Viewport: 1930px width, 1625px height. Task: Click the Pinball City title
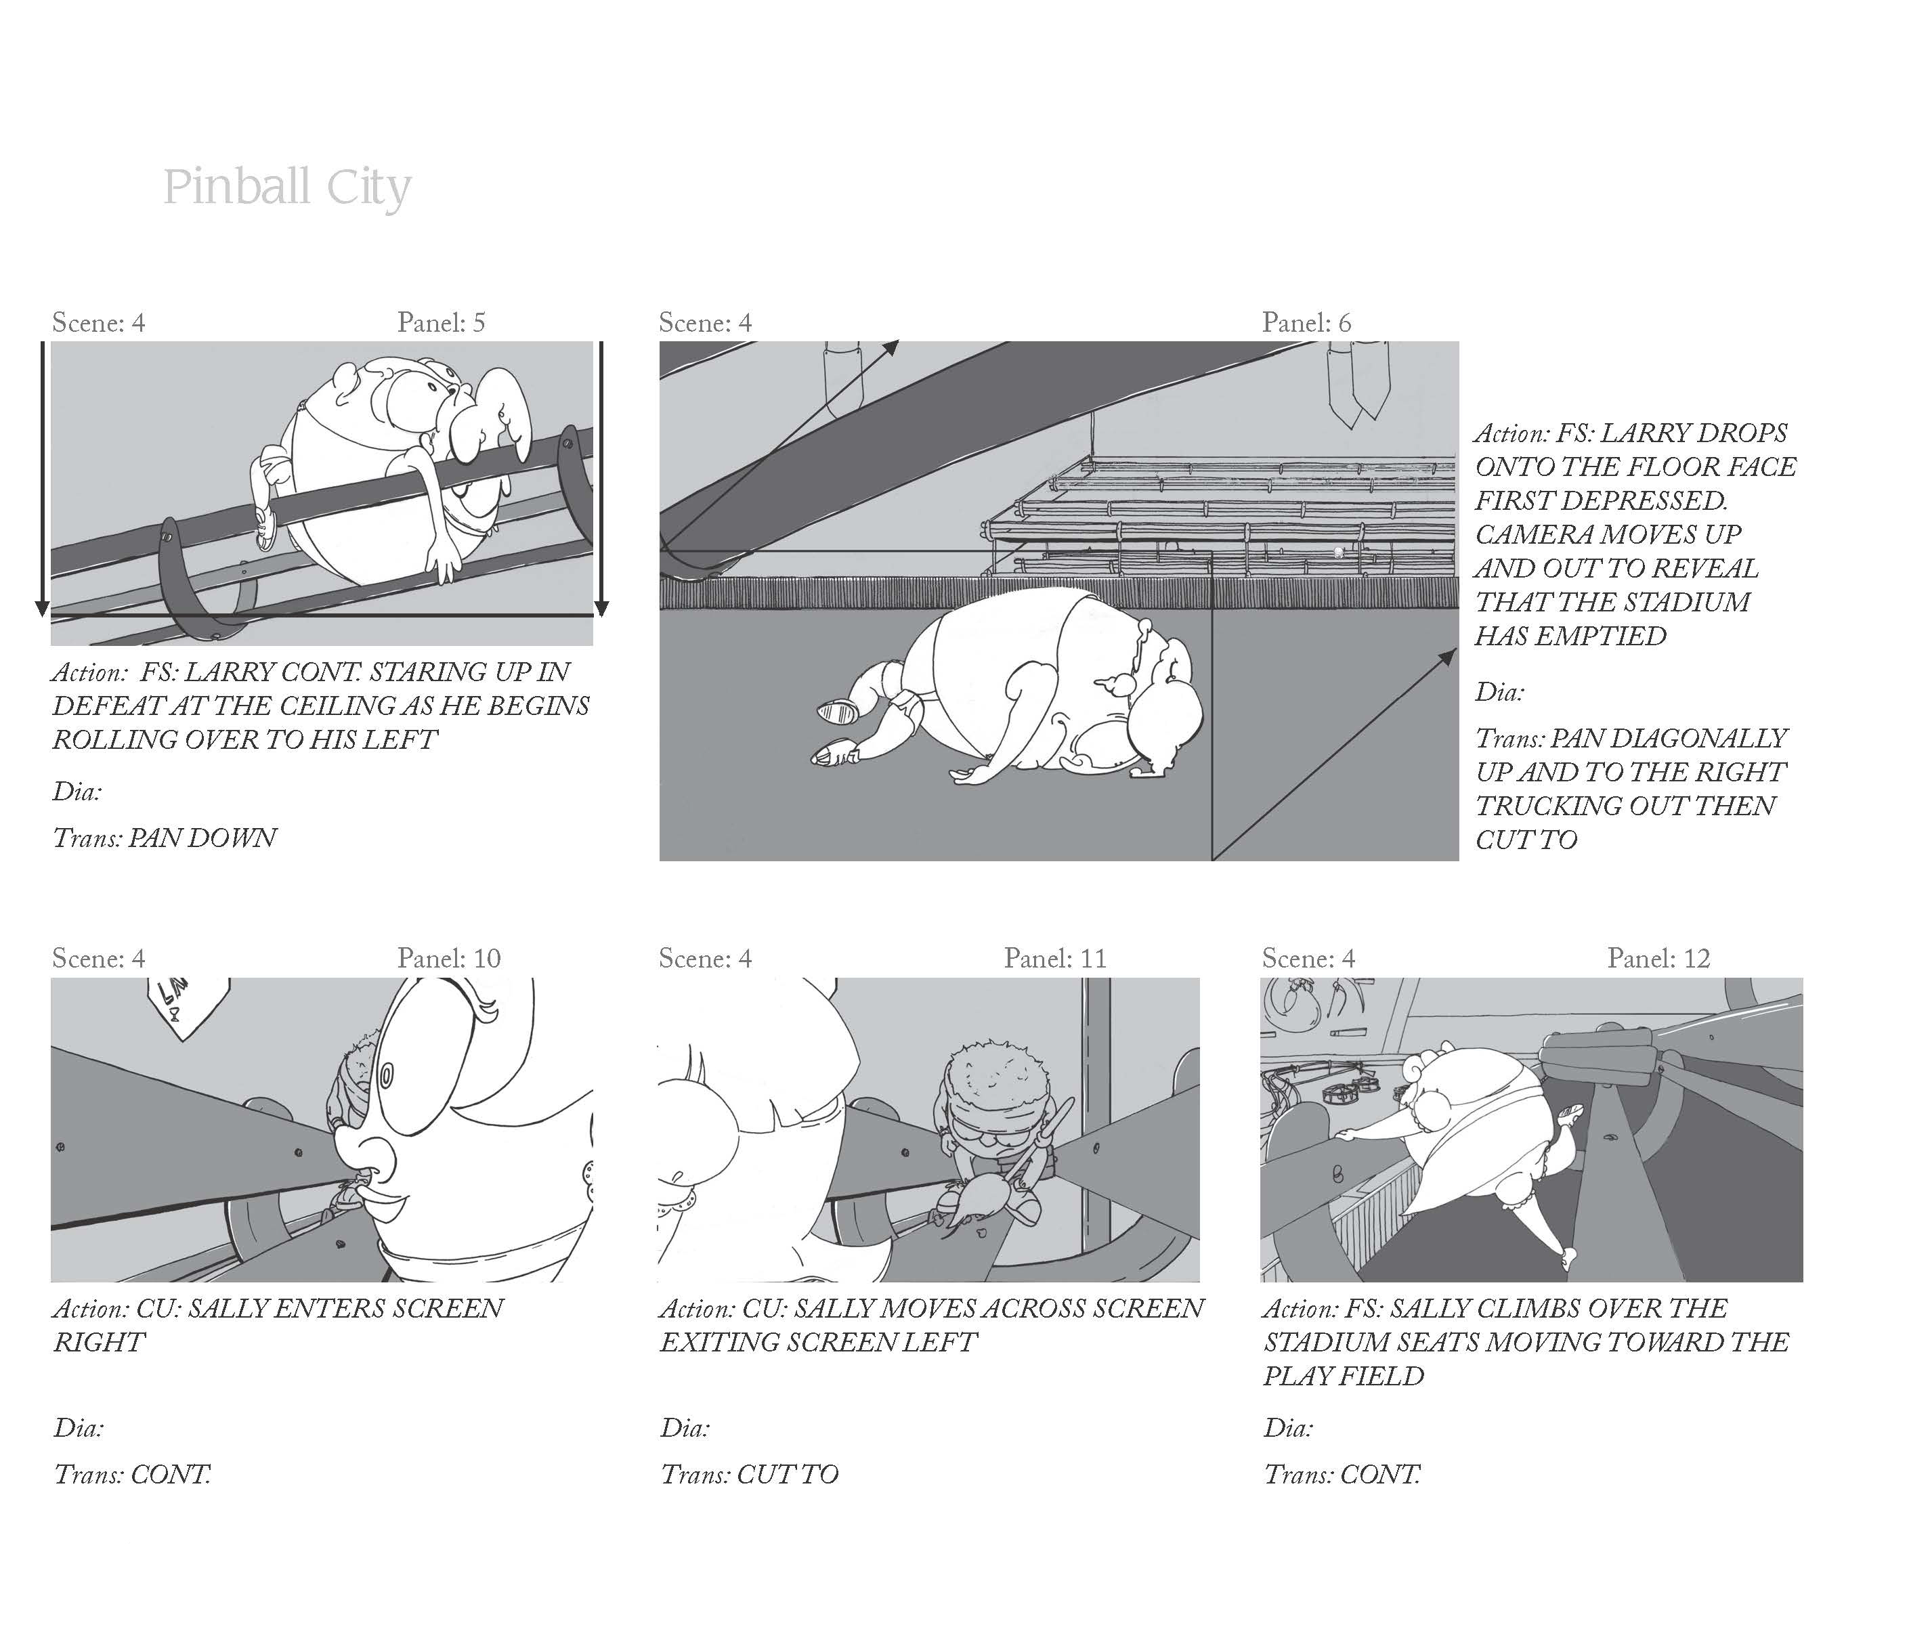[286, 188]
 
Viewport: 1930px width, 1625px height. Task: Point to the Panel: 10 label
[449, 958]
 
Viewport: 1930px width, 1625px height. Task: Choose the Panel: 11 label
[1055, 958]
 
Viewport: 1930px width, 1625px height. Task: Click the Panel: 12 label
[1658, 958]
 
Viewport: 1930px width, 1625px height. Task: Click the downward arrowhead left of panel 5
[41, 609]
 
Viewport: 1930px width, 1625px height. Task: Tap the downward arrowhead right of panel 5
[601, 609]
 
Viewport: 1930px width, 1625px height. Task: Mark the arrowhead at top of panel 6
[891, 347]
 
